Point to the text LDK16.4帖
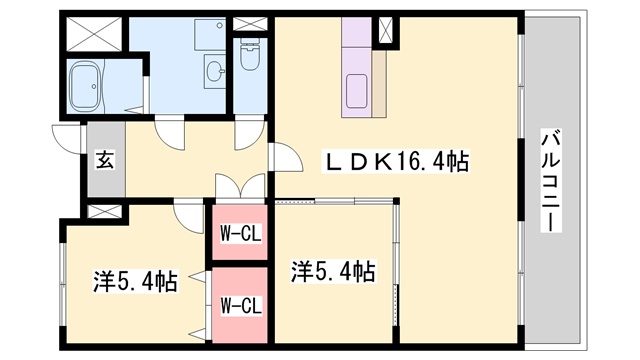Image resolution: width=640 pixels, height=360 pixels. (x=395, y=160)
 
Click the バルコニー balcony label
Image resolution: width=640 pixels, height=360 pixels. (x=549, y=180)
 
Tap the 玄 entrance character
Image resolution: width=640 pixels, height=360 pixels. (x=103, y=158)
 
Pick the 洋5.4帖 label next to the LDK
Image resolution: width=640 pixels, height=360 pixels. (x=334, y=270)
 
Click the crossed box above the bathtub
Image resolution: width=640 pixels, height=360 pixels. (x=95, y=36)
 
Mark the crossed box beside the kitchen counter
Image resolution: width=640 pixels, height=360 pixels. (x=385, y=31)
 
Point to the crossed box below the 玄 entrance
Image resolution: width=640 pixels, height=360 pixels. (x=104, y=212)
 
